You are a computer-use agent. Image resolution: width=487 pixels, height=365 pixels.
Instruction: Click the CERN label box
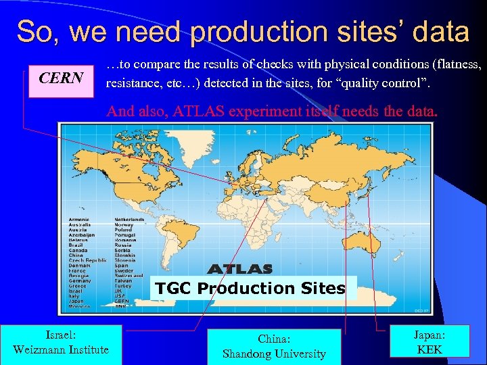pyautogui.click(x=61, y=78)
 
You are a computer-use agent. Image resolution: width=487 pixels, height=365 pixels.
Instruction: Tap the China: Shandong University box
pyautogui.click(x=273, y=347)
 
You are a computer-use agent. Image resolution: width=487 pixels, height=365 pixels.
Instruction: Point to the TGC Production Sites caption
pyautogui.click(x=250, y=289)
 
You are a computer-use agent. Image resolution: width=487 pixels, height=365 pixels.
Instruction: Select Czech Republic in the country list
pyautogui.click(x=87, y=260)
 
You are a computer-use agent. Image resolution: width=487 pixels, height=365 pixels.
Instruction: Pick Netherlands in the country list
pyautogui.click(x=129, y=220)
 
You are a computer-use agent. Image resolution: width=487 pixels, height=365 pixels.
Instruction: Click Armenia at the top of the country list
pyautogui.click(x=80, y=220)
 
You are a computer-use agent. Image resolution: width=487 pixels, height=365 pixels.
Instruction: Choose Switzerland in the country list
pyautogui.click(x=129, y=276)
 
